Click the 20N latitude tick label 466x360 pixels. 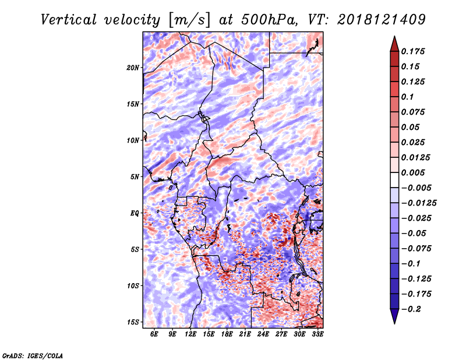[133, 68]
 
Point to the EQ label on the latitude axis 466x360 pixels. [135, 213]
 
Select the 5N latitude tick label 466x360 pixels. [135, 177]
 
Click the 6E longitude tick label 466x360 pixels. [154, 334]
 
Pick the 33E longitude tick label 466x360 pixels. [317, 334]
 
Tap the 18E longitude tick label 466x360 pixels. [227, 334]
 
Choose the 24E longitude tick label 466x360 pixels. [263, 334]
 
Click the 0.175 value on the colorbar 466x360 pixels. [413, 51]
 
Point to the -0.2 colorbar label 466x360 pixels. [411, 309]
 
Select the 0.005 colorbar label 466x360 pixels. [413, 172]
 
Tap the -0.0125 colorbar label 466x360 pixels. [419, 203]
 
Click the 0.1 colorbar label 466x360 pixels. [407, 97]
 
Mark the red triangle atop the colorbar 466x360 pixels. [394, 44]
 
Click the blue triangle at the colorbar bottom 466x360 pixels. [394, 316]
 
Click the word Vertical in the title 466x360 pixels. [69, 20]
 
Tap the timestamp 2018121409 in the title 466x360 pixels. [382, 20]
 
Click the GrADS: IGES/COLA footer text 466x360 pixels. [33, 355]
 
